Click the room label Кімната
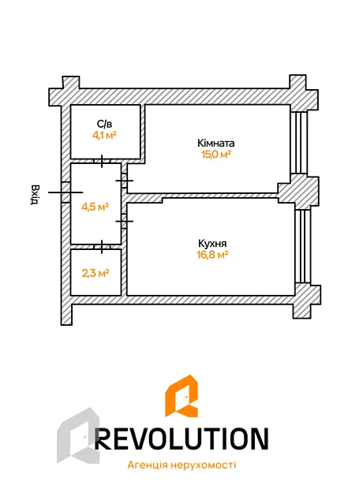216,143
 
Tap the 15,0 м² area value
216,155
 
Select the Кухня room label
212,243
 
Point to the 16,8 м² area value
212,255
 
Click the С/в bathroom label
104,124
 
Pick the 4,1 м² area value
104,136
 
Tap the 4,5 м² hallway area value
95,207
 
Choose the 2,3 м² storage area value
95,273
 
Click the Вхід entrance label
35,195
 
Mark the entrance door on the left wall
65,192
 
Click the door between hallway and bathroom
102,161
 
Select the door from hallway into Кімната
124,181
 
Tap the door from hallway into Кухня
124,221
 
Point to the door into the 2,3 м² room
102,247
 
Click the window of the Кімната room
299,143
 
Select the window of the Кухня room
303,246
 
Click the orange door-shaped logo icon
181,396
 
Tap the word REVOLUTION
181,439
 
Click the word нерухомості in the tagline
204,465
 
